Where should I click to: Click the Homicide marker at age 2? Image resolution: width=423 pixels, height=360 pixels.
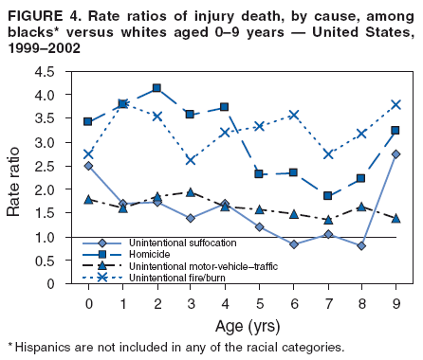point(156,88)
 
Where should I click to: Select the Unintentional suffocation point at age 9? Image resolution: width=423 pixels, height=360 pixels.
point(395,154)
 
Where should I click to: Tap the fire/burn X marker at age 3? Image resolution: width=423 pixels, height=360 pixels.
point(191,160)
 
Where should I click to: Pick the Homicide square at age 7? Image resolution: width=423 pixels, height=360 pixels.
point(327,196)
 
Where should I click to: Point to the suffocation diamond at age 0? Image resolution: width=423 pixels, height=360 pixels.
point(88,166)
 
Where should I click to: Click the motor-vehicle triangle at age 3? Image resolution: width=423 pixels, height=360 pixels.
point(191,192)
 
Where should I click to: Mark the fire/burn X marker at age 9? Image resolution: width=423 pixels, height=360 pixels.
point(395,104)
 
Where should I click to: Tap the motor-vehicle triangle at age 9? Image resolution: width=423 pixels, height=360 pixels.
point(395,218)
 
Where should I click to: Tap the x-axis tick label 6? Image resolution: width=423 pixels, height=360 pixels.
point(293,303)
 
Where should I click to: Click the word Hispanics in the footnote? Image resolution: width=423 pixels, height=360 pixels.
point(44,348)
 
